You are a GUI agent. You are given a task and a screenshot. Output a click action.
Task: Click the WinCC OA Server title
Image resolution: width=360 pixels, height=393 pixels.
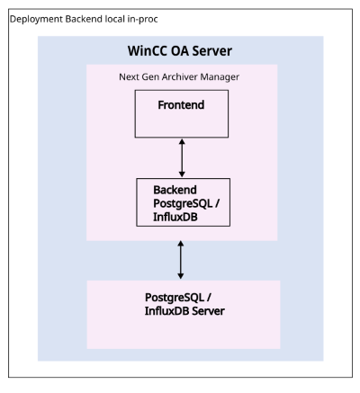(180, 51)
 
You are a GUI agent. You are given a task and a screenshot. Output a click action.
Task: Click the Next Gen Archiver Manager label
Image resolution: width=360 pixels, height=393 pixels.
(179, 77)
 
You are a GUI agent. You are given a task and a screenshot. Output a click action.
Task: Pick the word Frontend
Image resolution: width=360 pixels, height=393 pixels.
(181, 105)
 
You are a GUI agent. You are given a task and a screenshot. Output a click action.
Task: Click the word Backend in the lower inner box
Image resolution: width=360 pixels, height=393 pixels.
(175, 190)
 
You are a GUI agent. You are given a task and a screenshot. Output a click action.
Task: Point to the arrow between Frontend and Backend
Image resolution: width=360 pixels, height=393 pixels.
(182, 157)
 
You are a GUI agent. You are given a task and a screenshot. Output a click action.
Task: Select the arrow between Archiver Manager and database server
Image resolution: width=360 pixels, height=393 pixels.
(181, 260)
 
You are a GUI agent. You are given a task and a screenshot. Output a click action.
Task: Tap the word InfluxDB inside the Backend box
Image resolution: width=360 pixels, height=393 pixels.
(175, 217)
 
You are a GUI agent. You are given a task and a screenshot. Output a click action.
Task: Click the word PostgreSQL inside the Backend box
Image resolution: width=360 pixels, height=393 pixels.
(183, 203)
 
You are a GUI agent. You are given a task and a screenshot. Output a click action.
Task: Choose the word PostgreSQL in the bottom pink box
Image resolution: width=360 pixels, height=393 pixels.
(175, 298)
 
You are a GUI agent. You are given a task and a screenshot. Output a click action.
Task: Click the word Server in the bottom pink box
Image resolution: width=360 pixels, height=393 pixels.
(208, 311)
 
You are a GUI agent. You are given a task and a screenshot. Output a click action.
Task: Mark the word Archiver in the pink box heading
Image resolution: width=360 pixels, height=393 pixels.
(180, 77)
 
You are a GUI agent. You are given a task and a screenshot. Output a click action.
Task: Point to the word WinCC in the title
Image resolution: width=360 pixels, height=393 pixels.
(148, 51)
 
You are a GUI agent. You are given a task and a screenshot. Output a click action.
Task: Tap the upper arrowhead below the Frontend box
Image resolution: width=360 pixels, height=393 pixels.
(182, 141)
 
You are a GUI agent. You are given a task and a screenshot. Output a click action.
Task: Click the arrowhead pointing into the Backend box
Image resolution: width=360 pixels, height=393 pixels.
(182, 174)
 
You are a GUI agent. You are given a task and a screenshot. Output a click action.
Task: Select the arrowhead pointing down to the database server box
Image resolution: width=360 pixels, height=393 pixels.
(181, 276)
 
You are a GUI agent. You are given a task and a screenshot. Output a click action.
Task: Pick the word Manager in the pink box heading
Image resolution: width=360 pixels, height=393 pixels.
(220, 77)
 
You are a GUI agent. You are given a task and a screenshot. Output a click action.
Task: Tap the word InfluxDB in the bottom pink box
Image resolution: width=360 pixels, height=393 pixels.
(167, 311)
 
